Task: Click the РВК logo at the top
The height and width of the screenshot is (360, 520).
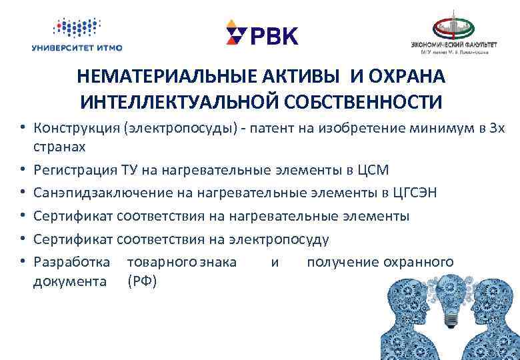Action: (262, 34)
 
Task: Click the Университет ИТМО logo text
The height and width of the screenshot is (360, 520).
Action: (77, 47)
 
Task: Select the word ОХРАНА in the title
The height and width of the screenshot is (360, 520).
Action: (406, 78)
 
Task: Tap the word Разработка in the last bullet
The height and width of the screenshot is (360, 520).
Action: (72, 262)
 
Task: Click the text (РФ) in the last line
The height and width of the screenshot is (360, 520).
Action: (141, 281)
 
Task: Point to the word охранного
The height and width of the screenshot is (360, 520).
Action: (418, 262)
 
